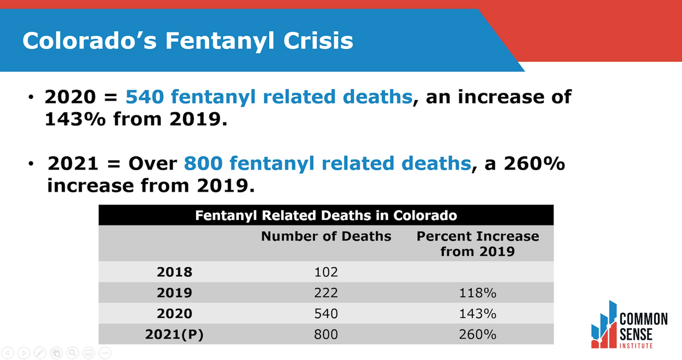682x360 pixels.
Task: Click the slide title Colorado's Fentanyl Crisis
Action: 188,41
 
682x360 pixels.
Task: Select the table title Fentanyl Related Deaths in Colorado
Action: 326,216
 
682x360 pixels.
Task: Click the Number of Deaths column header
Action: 326,236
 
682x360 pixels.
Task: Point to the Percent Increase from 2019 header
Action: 477,243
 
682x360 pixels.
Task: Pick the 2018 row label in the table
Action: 174,272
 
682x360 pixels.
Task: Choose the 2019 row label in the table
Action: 174,293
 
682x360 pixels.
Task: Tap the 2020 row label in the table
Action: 174,313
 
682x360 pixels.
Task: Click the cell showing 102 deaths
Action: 326,272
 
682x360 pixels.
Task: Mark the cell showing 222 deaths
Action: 326,293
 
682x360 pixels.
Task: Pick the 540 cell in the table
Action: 326,313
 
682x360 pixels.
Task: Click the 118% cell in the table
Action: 477,293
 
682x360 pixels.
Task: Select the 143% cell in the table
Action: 477,313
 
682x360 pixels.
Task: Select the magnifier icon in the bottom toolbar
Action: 72,350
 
